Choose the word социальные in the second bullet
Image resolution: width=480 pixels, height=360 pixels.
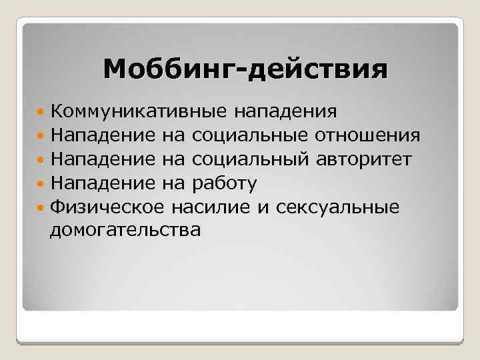(249, 136)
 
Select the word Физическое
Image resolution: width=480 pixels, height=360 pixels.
(107, 207)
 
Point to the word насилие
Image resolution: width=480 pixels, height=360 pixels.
(210, 207)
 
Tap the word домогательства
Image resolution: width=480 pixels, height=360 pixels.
(125, 231)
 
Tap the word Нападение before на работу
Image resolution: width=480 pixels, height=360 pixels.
(103, 183)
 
